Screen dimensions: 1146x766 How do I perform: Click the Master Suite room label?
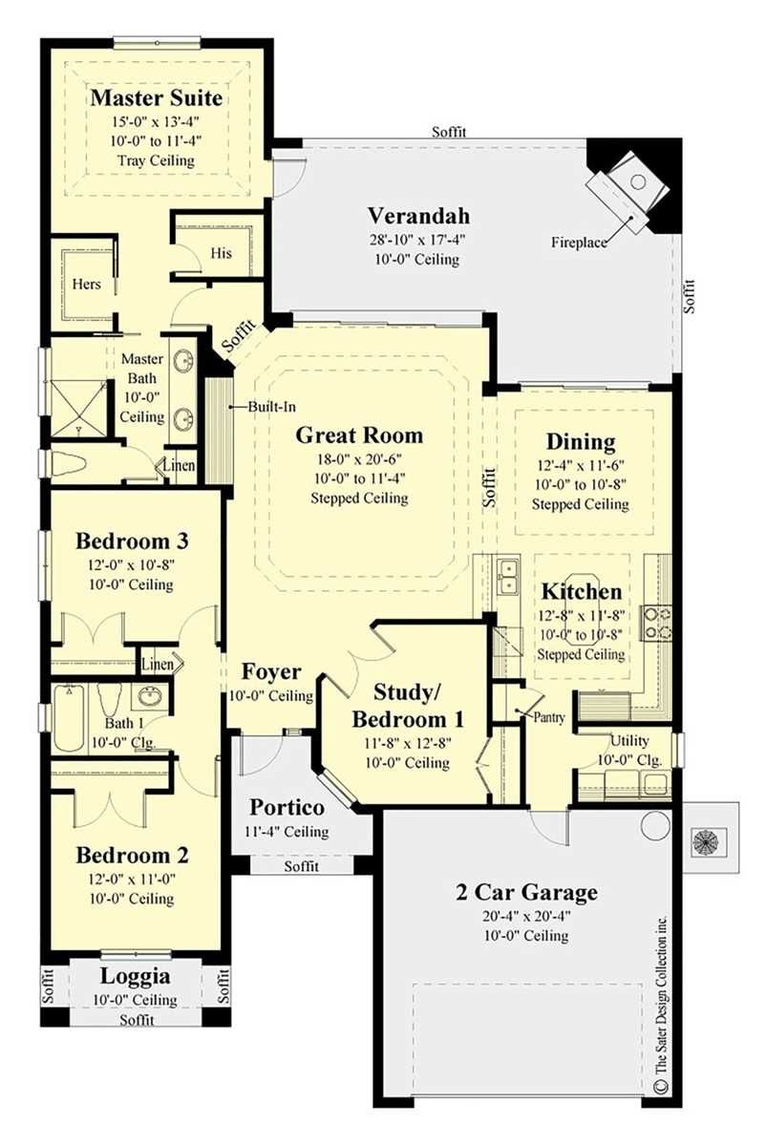(156, 98)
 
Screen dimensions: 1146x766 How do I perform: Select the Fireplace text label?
(579, 243)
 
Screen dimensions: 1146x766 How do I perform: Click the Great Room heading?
(359, 435)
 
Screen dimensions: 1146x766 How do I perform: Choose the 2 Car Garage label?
(526, 893)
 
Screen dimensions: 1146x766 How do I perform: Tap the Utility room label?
(629, 740)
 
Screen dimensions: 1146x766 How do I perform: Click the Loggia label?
(135, 976)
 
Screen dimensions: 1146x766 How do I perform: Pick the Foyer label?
(271, 671)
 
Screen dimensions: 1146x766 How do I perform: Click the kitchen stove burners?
(657, 622)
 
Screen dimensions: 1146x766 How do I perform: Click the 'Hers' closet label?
(87, 285)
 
